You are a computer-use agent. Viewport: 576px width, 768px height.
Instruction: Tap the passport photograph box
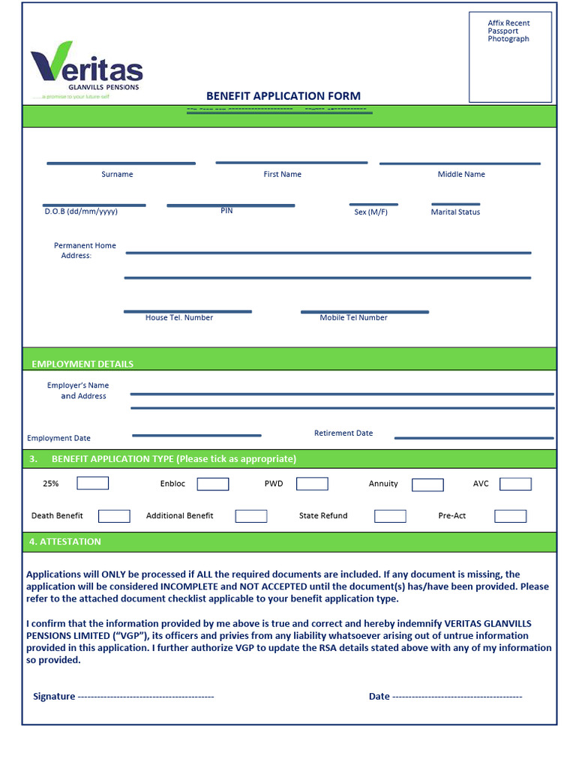click(510, 57)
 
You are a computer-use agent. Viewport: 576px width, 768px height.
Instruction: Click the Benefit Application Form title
click(283, 96)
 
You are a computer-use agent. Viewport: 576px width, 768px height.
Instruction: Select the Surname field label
click(117, 174)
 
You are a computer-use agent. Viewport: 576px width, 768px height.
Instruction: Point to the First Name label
click(282, 174)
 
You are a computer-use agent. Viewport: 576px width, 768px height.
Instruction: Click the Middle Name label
click(461, 174)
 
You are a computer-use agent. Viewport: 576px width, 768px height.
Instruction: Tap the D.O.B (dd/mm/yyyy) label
click(81, 211)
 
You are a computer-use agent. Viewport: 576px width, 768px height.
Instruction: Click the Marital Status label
click(455, 212)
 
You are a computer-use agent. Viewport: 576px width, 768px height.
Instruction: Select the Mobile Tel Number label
click(353, 318)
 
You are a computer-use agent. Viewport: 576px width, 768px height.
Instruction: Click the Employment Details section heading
click(82, 364)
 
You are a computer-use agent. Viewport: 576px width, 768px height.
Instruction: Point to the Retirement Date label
click(343, 433)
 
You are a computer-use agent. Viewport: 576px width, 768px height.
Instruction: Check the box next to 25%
click(92, 484)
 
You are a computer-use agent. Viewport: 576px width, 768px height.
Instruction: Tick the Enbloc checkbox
click(213, 484)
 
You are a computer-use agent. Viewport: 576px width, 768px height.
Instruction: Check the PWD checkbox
click(312, 484)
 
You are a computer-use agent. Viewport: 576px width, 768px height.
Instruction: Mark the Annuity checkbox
click(427, 485)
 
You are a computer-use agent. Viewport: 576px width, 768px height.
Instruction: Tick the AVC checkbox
click(515, 484)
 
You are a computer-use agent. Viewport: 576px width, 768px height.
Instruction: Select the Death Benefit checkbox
click(114, 516)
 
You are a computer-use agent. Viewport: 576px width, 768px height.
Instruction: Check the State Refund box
click(390, 516)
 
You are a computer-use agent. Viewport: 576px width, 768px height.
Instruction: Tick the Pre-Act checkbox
click(510, 516)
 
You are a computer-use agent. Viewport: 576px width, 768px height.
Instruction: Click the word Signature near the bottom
click(54, 697)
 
